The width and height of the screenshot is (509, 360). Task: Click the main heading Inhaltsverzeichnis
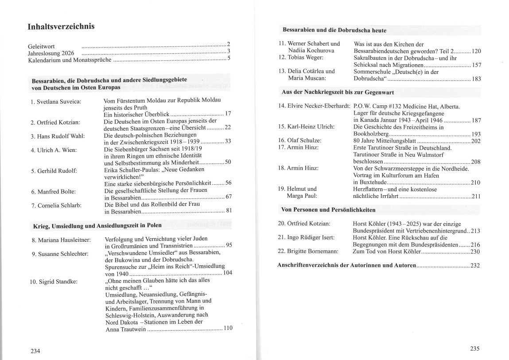coord(61,27)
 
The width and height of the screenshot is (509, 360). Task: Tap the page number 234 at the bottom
coord(35,351)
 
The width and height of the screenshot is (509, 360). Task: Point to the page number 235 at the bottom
coord(474,348)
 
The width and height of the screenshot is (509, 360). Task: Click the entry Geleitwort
coord(41,45)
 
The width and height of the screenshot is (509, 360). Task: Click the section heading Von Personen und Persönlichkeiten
coord(328,209)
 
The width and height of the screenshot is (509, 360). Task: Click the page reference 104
coord(227,273)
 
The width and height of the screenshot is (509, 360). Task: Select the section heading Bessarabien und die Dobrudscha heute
coord(334,31)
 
